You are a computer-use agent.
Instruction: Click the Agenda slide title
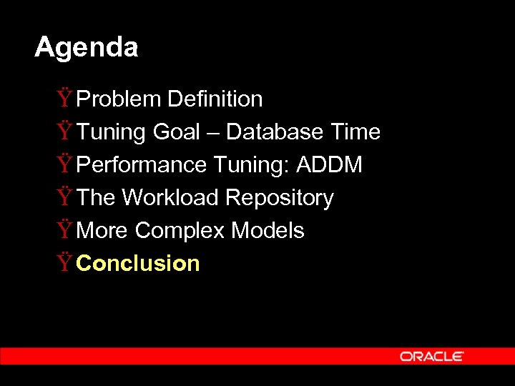click(x=86, y=48)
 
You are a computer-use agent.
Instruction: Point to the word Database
click(x=275, y=132)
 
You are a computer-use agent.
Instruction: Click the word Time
click(x=355, y=132)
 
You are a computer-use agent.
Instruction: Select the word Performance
click(x=142, y=165)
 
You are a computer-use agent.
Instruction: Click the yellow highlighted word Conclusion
click(x=138, y=264)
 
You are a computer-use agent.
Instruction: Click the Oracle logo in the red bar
click(x=432, y=356)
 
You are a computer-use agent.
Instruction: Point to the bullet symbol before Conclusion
click(x=65, y=264)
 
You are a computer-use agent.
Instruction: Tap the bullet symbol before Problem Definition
click(x=65, y=99)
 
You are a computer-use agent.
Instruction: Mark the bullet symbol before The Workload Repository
click(x=65, y=197)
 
